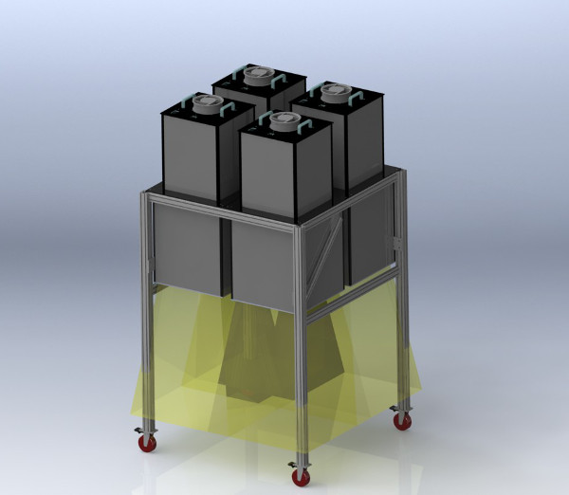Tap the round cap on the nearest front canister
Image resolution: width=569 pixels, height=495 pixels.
284,120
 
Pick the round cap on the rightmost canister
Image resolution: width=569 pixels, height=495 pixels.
334,92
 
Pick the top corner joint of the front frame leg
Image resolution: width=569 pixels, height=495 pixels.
296,228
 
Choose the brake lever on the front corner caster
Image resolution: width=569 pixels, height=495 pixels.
290,467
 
